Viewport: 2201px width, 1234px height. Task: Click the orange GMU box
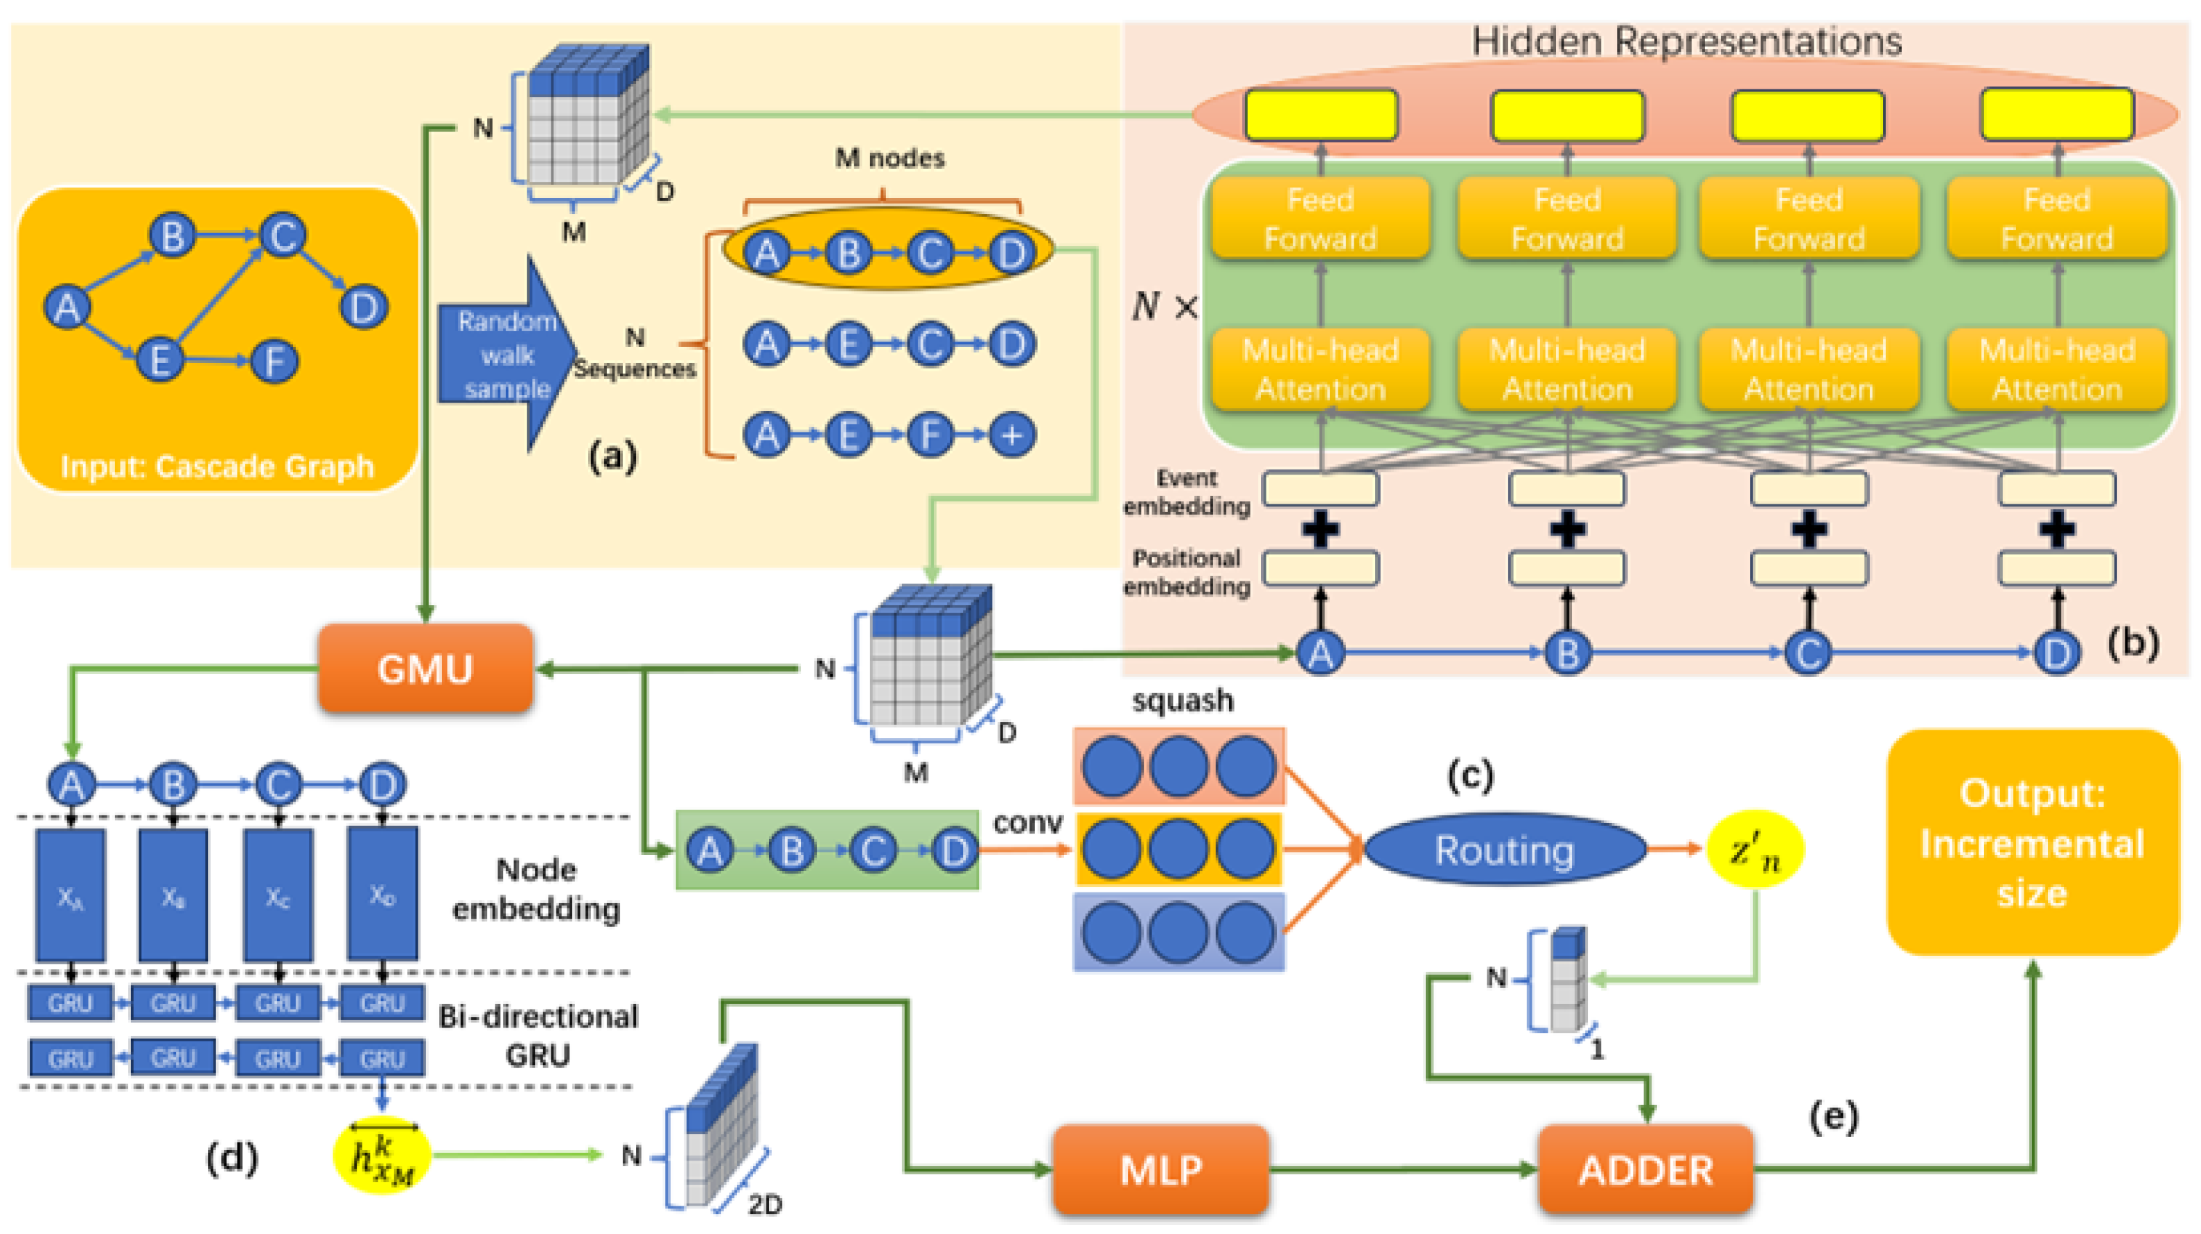[x=425, y=669]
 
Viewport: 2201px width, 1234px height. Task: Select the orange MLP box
[x=1160, y=1169]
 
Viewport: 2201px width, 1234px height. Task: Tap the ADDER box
[x=1645, y=1169]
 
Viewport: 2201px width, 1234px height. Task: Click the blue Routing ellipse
[x=1505, y=849]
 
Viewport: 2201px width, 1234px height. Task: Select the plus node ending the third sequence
[x=1011, y=435]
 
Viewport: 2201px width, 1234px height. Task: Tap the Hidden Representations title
[x=1686, y=41]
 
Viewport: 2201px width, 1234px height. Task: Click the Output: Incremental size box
[x=2032, y=842]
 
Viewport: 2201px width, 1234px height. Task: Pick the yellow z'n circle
[x=1755, y=849]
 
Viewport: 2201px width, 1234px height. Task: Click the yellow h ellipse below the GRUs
[x=382, y=1156]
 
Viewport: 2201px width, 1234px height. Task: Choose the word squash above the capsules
[x=1183, y=700]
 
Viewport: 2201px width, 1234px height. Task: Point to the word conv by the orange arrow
[x=1028, y=822]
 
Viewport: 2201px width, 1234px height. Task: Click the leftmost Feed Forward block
[x=1320, y=219]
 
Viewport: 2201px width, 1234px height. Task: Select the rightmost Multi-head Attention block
[x=2057, y=369]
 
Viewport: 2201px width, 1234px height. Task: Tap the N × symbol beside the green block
[x=1165, y=306]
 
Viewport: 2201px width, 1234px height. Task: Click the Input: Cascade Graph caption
[x=217, y=466]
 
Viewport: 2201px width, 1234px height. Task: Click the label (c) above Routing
[x=1469, y=774]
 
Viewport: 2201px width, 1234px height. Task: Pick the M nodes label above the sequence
[x=890, y=158]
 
